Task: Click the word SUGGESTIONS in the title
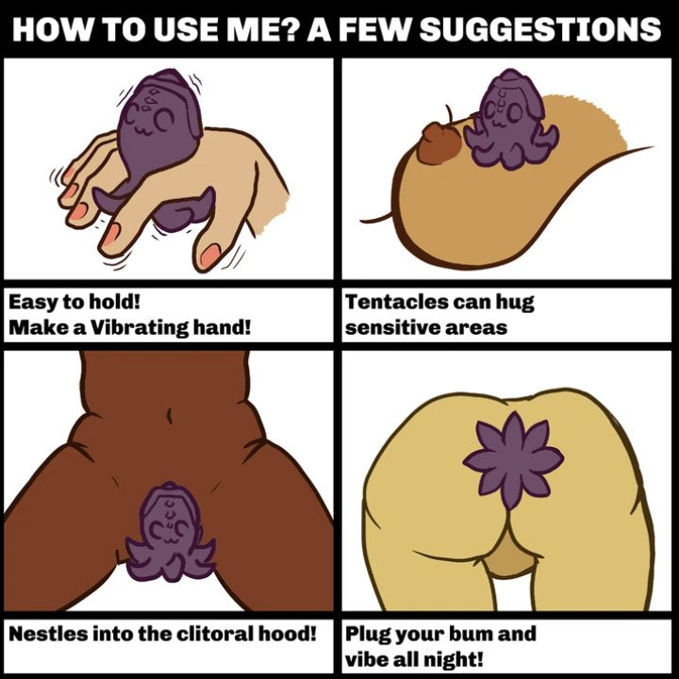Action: click(540, 29)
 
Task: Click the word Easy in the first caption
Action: click(33, 302)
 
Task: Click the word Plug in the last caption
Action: click(367, 635)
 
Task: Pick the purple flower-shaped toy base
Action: click(514, 460)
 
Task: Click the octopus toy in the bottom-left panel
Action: click(170, 533)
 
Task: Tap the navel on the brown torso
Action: click(170, 416)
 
